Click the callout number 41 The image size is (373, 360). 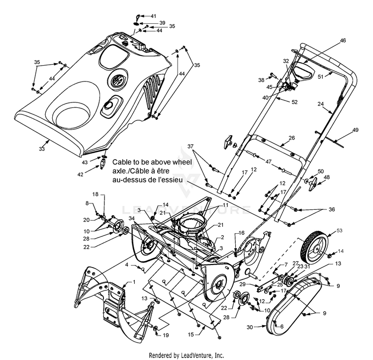154,16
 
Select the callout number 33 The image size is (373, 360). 42,149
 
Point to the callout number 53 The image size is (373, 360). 340,230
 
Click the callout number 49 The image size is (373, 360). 356,130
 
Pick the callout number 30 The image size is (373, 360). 250,327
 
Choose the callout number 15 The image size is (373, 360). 191,335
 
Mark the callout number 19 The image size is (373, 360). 166,335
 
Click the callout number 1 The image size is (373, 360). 134,282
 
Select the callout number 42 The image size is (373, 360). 81,175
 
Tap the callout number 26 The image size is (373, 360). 291,138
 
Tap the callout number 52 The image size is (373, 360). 294,102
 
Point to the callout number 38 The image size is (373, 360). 261,80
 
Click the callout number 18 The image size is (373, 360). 95,194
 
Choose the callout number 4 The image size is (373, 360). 127,265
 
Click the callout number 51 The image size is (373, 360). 321,77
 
